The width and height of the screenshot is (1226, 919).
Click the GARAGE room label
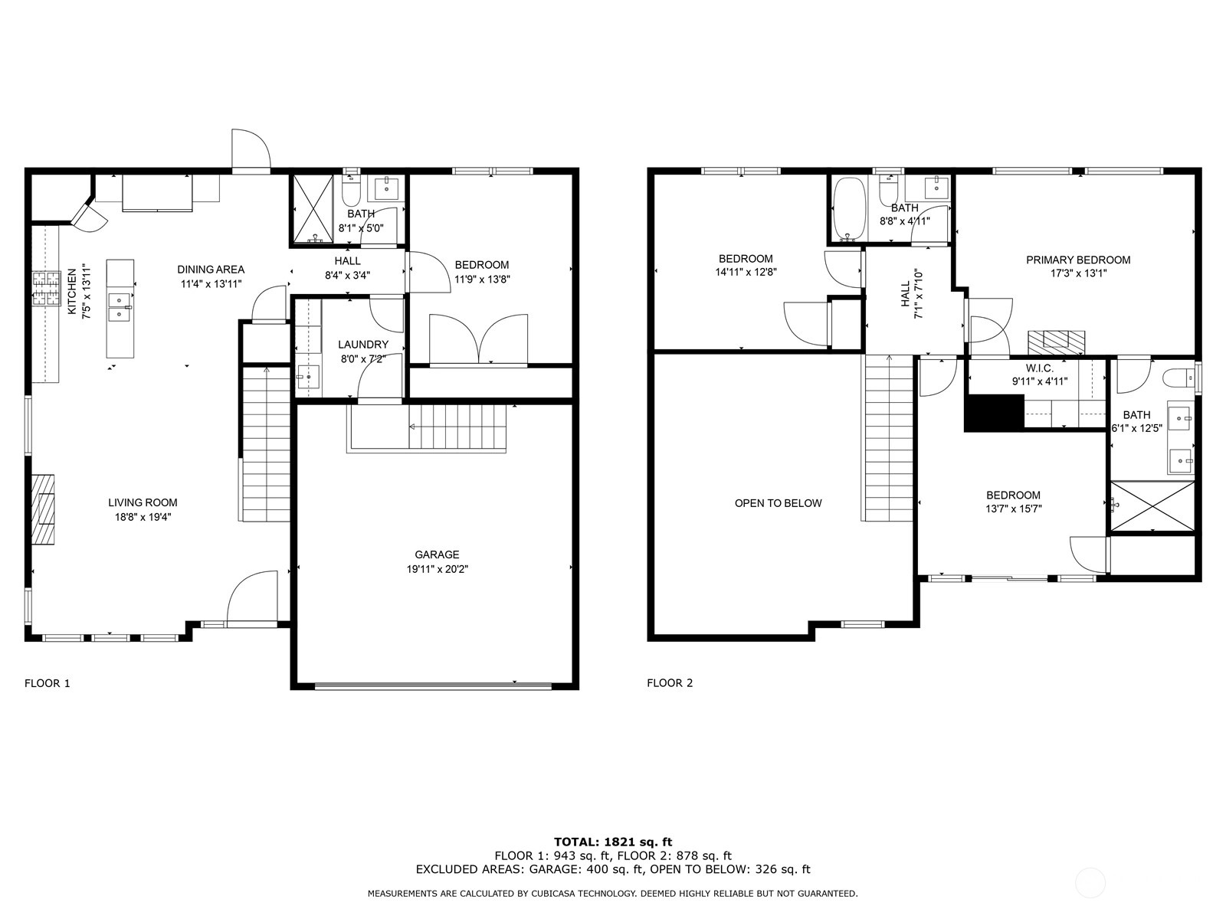(x=437, y=554)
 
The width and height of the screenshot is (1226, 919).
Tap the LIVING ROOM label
(x=143, y=502)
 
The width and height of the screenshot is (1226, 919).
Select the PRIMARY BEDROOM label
(x=1078, y=260)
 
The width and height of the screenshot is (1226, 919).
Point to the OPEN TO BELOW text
(x=778, y=503)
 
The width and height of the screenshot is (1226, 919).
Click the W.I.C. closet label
(x=1040, y=368)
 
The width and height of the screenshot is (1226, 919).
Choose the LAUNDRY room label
(x=363, y=345)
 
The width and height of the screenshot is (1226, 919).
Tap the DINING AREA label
(x=211, y=270)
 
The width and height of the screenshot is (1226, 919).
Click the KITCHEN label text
(x=72, y=291)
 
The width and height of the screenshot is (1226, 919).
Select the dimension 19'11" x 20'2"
(x=438, y=569)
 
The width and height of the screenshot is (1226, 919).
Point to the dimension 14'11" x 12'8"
(x=746, y=273)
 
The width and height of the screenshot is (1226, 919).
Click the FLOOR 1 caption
(x=48, y=683)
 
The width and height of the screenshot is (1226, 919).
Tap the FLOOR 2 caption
(x=670, y=683)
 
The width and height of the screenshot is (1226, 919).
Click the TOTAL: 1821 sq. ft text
(x=613, y=842)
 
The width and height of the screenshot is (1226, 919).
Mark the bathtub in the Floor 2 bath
(x=849, y=208)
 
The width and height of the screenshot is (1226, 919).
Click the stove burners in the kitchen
(x=46, y=289)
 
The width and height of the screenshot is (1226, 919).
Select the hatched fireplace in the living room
(x=43, y=509)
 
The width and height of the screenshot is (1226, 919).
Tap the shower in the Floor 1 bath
(x=313, y=209)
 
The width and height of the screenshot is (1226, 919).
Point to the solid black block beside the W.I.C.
(x=994, y=412)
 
